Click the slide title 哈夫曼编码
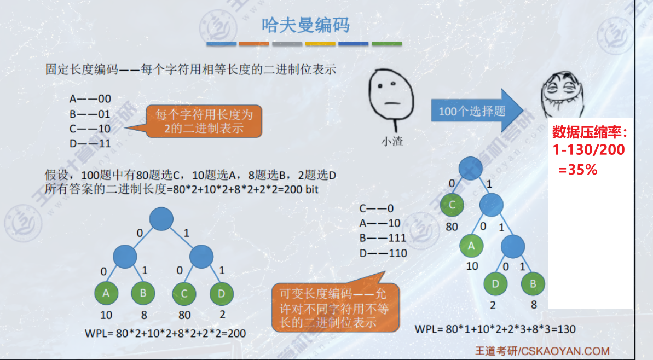[x=305, y=25]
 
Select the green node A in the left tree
[x=106, y=294]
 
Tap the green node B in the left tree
[x=143, y=294]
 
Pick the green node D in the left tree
[x=221, y=294]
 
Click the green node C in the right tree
[x=452, y=206]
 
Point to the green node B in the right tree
[x=533, y=284]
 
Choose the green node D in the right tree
[x=495, y=284]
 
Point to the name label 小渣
[x=391, y=141]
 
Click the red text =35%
[x=577, y=170]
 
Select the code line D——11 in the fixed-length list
[x=90, y=143]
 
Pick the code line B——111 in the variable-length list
[x=383, y=238]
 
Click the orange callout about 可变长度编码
[x=335, y=307]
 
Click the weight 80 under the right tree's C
[x=452, y=227]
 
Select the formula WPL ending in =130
[x=495, y=329]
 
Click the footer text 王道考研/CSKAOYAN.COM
[x=541, y=351]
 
